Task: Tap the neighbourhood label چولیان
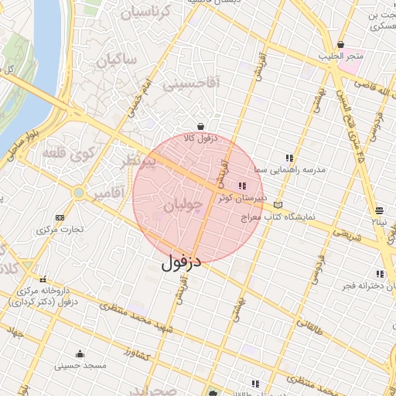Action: tap(184, 205)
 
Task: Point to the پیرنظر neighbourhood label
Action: tap(140, 162)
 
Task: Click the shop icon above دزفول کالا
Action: tap(201, 126)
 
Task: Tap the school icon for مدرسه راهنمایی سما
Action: tap(289, 158)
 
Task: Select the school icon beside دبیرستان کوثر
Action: tap(242, 186)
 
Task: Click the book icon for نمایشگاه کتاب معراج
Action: tap(278, 205)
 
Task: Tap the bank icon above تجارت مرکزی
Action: tap(60, 218)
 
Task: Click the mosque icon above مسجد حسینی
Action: tap(80, 353)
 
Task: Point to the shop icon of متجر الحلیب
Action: tap(341, 45)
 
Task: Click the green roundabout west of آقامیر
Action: tap(79, 192)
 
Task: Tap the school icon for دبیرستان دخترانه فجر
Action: tap(380, 274)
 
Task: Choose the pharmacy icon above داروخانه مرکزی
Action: tap(43, 279)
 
